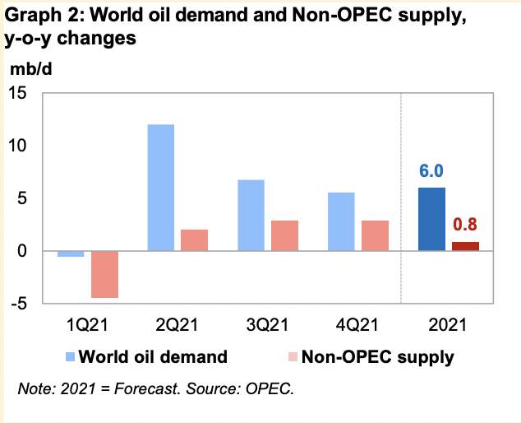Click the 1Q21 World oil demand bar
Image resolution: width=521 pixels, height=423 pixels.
[71, 253]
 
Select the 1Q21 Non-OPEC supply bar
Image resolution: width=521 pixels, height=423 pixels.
[104, 274]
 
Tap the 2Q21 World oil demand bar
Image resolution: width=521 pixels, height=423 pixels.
[161, 188]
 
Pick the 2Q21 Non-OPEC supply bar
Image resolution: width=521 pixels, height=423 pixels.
[194, 240]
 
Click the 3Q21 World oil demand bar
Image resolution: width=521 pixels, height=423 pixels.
[251, 215]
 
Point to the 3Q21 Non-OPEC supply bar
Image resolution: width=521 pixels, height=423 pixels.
[284, 235]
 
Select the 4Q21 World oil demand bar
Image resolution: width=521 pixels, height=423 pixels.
[342, 221]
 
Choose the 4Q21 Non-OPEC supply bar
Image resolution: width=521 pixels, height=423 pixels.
[375, 235]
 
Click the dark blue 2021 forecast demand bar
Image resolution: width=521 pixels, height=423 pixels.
[431, 219]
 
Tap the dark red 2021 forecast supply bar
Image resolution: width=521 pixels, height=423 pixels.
[465, 246]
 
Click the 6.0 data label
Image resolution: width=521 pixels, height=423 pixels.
[432, 171]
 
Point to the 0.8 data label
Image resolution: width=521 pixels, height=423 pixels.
[465, 225]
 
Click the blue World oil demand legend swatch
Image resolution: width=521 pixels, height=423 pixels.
[72, 357]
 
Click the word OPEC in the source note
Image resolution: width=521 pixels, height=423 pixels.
[269, 388]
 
